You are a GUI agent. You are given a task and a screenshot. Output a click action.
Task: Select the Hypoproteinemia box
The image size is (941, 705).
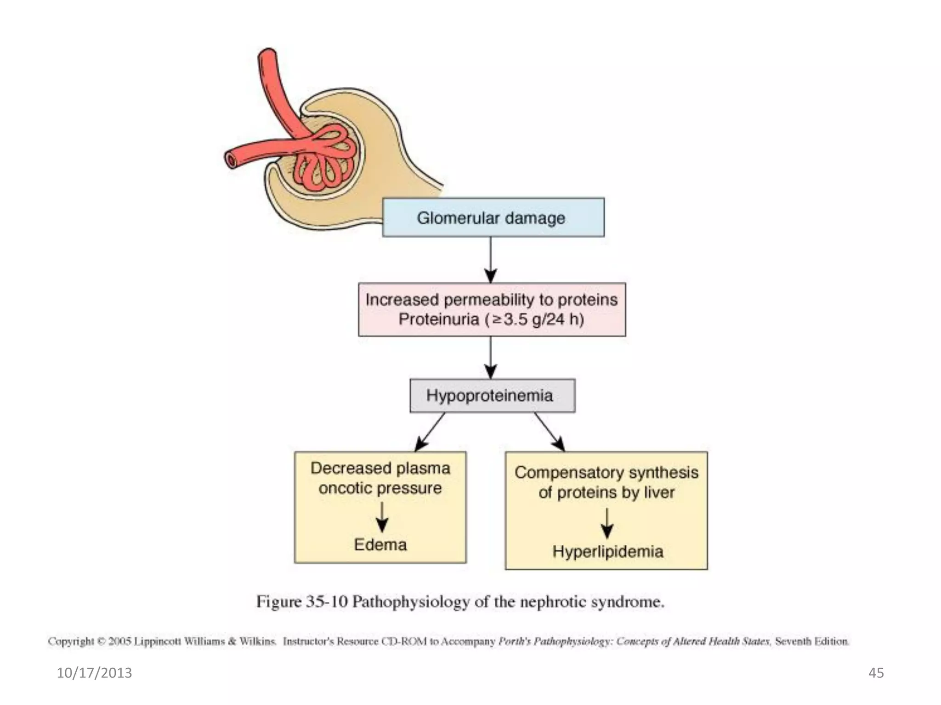pyautogui.click(x=492, y=395)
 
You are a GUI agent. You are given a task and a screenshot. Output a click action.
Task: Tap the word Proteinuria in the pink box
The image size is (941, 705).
pyautogui.click(x=438, y=319)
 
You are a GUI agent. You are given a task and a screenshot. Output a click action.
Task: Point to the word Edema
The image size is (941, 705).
pyautogui.click(x=380, y=545)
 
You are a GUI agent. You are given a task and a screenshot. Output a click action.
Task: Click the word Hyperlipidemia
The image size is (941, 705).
pyautogui.click(x=607, y=551)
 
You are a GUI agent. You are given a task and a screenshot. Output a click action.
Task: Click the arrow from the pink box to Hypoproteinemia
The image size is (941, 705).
pyautogui.click(x=491, y=358)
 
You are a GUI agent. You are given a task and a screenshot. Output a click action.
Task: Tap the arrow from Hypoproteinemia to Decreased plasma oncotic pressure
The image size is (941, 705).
pyautogui.click(x=430, y=432)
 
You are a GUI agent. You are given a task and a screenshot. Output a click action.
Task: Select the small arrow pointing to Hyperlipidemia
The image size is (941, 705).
pyautogui.click(x=607, y=523)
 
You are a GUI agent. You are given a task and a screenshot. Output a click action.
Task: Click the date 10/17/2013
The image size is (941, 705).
pyautogui.click(x=94, y=673)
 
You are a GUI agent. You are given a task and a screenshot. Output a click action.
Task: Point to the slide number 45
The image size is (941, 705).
pyautogui.click(x=876, y=673)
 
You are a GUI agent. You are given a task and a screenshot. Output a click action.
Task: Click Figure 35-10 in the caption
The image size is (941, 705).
pyautogui.click(x=301, y=602)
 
